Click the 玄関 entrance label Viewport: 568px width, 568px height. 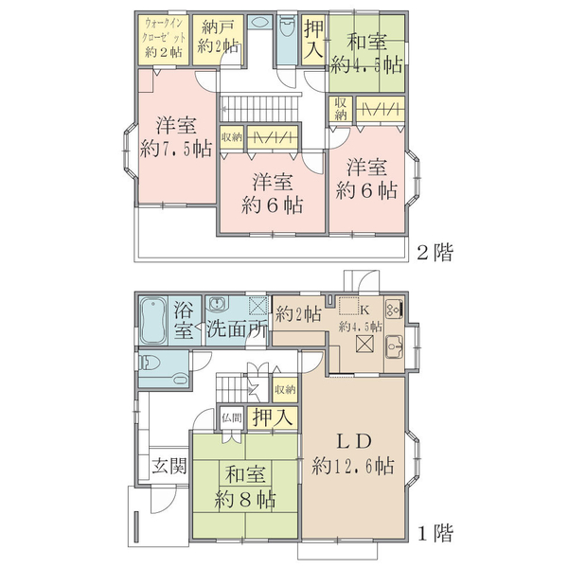pyautogui.click(x=169, y=466)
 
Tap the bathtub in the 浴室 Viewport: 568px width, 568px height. pyautogui.click(x=153, y=321)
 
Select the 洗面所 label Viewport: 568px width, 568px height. pyautogui.click(x=237, y=328)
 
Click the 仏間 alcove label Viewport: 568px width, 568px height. pyautogui.click(x=232, y=418)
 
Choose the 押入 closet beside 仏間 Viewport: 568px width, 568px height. pyautogui.click(x=273, y=417)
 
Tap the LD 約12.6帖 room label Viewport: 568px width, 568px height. pyautogui.click(x=353, y=453)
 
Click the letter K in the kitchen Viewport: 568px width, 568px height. pyautogui.click(x=364, y=311)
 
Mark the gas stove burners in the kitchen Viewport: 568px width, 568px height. pyautogui.click(x=394, y=309)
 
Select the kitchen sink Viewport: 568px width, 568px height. pyautogui.click(x=394, y=346)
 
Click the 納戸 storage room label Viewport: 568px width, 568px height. pyautogui.click(x=218, y=36)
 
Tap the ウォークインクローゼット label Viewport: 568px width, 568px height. pyautogui.click(x=164, y=37)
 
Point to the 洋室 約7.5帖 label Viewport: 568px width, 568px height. pyautogui.click(x=176, y=137)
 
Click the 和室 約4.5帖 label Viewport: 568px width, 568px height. pyautogui.click(x=366, y=54)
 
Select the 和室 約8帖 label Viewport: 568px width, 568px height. pyautogui.click(x=245, y=488)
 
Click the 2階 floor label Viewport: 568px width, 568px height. pyautogui.click(x=435, y=252)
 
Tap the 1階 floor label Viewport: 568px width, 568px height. pyautogui.click(x=435, y=532)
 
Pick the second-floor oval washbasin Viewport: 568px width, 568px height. pyautogui.click(x=260, y=23)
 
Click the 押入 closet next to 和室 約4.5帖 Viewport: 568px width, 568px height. pyautogui.click(x=313, y=39)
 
